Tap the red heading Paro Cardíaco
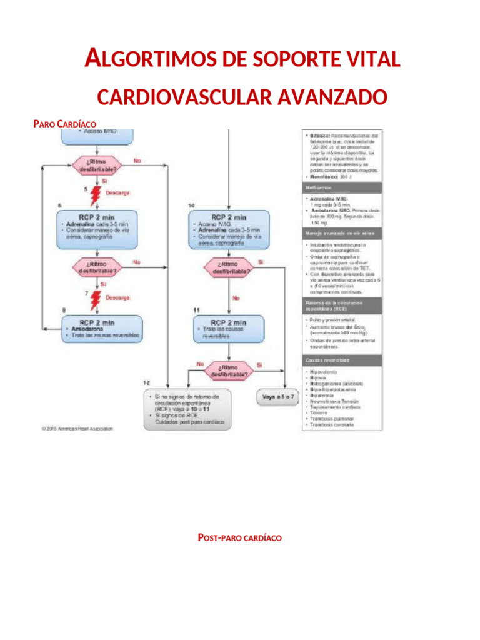[64, 124]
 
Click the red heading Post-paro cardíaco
[239, 538]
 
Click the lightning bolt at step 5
[95, 195]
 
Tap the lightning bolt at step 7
[96, 299]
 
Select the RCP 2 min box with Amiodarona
[102, 329]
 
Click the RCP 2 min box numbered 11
[228, 329]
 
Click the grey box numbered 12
[186, 409]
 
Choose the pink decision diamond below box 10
[228, 268]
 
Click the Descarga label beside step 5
[117, 192]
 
